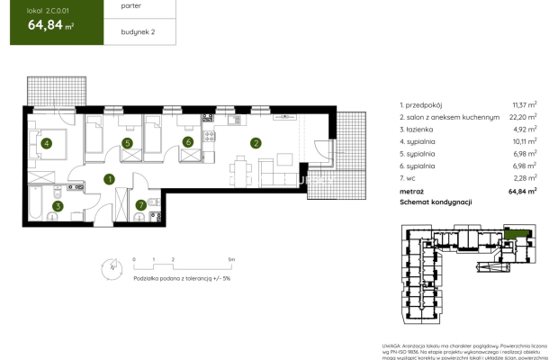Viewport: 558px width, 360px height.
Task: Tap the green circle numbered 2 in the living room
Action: coord(256,142)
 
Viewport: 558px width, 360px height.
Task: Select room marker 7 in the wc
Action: coord(140,205)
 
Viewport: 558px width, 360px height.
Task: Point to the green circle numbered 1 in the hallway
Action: coord(109,179)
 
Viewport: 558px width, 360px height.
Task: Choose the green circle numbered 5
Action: coord(128,142)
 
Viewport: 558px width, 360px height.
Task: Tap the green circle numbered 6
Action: coord(188,142)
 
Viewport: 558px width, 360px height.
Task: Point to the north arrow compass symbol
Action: coord(110,267)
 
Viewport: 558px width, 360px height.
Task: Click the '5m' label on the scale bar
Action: coord(232,259)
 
